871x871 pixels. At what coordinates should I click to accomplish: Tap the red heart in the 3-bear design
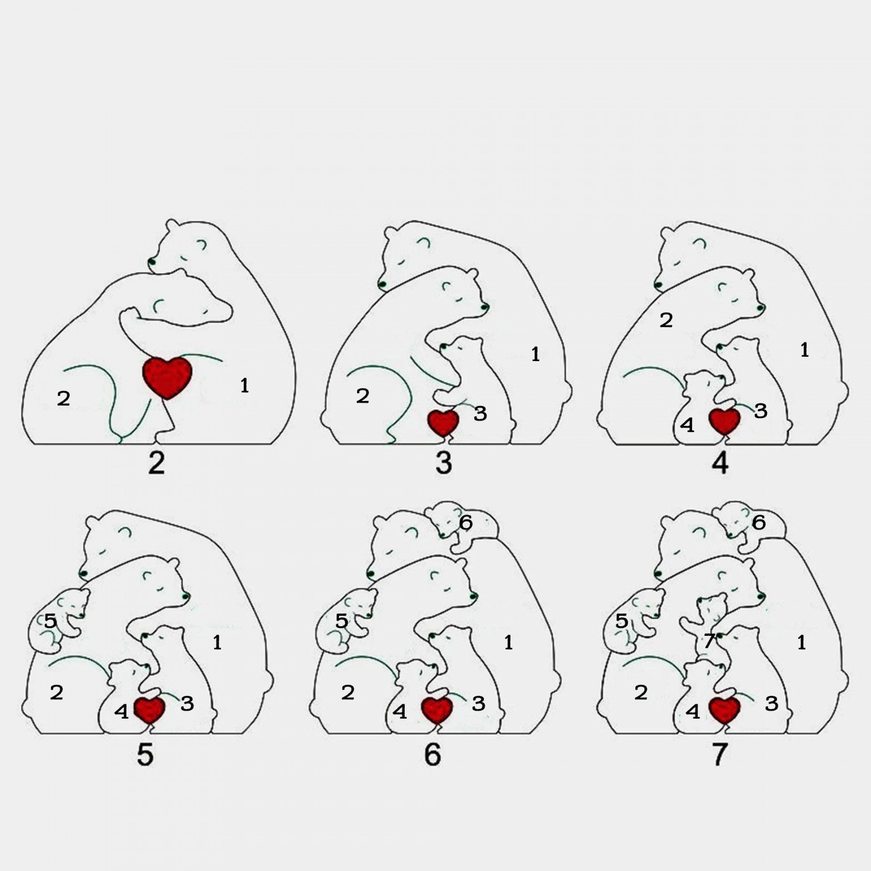point(443,423)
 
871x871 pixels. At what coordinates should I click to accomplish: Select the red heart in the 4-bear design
point(724,421)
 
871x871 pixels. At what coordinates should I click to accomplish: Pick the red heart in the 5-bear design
point(150,709)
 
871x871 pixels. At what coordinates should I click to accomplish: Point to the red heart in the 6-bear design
point(437,709)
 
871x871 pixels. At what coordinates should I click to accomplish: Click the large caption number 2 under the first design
point(156,463)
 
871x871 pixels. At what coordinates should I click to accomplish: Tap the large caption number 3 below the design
point(444,463)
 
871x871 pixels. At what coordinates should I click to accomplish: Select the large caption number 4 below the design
point(720,463)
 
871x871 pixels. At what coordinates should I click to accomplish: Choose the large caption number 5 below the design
point(145,754)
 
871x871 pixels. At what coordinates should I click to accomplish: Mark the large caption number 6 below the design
point(433,754)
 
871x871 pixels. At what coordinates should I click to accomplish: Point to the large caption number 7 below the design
point(720,754)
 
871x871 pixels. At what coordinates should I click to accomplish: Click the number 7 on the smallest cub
point(708,641)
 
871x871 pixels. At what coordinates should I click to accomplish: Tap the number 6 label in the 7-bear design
point(759,522)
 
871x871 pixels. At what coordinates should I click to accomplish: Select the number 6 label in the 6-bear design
point(466,522)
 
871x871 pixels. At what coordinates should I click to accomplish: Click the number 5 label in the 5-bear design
point(50,621)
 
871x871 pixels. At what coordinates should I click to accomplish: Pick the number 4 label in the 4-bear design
point(687,425)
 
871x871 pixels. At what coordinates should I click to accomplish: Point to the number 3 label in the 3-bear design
point(480,413)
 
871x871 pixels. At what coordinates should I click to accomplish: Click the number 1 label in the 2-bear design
point(244,386)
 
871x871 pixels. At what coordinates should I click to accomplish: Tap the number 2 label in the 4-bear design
point(666,320)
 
